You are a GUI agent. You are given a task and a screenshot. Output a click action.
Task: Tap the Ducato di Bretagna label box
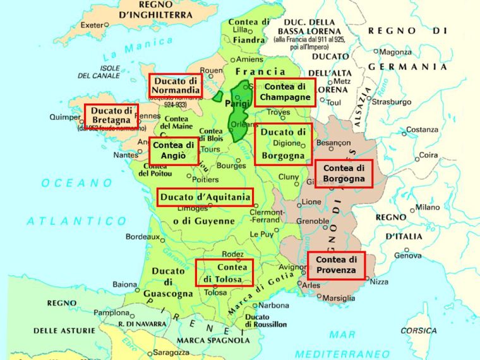pyautogui.click(x=111, y=116)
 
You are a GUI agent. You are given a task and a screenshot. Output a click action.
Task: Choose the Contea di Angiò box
pyautogui.click(x=173, y=150)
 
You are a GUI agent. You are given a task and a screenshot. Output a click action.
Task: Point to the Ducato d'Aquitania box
pyautogui.click(x=205, y=198)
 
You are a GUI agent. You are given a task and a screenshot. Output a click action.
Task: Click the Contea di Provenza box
pyautogui.click(x=336, y=265)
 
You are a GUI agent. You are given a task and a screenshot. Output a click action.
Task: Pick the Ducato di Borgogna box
pyautogui.click(x=284, y=144)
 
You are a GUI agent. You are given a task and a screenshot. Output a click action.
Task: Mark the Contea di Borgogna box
pyautogui.click(x=344, y=174)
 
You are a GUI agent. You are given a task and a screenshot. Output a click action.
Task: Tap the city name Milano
pyautogui.click(x=428, y=208)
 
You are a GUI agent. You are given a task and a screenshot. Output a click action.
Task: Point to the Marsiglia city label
pyautogui.click(x=338, y=298)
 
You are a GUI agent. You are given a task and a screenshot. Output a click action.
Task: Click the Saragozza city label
pyautogui.click(x=170, y=352)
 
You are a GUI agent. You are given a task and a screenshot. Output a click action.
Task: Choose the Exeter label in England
pyautogui.click(x=92, y=25)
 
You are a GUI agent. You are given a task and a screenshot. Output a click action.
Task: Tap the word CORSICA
pyautogui.click(x=418, y=330)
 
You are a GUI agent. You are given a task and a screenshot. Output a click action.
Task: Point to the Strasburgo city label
pyautogui.click(x=392, y=102)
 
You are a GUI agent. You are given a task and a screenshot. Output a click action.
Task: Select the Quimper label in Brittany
pyautogui.click(x=65, y=117)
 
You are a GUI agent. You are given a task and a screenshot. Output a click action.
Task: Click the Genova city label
pyautogui.click(x=407, y=256)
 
